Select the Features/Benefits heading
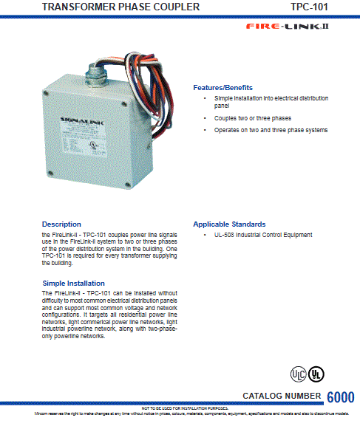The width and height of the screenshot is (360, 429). (x=223, y=87)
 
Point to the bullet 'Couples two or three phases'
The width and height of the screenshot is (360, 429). (x=252, y=118)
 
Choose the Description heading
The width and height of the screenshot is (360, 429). (x=61, y=224)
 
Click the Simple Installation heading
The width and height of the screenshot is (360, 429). (x=73, y=283)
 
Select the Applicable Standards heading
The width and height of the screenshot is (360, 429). (x=229, y=224)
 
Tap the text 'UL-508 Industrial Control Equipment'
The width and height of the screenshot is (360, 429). (x=263, y=235)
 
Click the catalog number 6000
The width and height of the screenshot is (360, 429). (x=340, y=397)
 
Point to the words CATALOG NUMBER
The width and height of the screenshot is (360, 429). (x=282, y=397)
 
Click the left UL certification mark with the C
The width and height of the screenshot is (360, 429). (x=298, y=374)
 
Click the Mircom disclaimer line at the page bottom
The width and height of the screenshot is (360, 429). (x=180, y=414)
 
